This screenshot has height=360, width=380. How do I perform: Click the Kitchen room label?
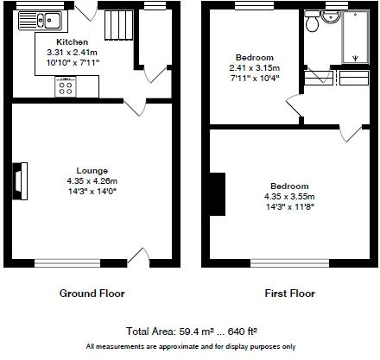[x=72, y=42]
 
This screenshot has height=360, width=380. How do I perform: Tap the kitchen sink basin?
[x=53, y=20]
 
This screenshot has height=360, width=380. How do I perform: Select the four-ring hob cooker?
[x=66, y=86]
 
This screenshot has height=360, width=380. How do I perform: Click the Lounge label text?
[x=92, y=171]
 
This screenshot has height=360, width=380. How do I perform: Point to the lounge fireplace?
[x=20, y=181]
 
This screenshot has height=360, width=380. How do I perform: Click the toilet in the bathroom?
[x=312, y=21]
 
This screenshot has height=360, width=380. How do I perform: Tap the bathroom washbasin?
[x=331, y=16]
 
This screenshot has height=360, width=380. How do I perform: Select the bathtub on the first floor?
[x=355, y=37]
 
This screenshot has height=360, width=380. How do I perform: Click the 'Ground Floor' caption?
[x=92, y=294]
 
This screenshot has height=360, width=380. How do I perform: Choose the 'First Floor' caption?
[x=289, y=294]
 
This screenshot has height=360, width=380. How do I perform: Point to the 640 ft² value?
[x=243, y=332]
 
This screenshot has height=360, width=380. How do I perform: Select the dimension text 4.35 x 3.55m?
[x=289, y=197]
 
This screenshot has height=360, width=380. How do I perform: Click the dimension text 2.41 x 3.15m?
[x=255, y=68]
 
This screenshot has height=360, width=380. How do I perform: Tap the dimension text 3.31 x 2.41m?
[x=72, y=53]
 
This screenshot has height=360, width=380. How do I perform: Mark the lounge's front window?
[x=67, y=263]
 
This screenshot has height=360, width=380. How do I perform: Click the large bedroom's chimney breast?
[x=218, y=194]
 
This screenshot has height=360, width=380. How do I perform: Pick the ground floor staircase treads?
[x=118, y=25]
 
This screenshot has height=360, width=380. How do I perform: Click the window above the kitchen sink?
[x=40, y=5]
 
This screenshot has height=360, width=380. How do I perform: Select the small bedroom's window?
[x=255, y=5]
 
